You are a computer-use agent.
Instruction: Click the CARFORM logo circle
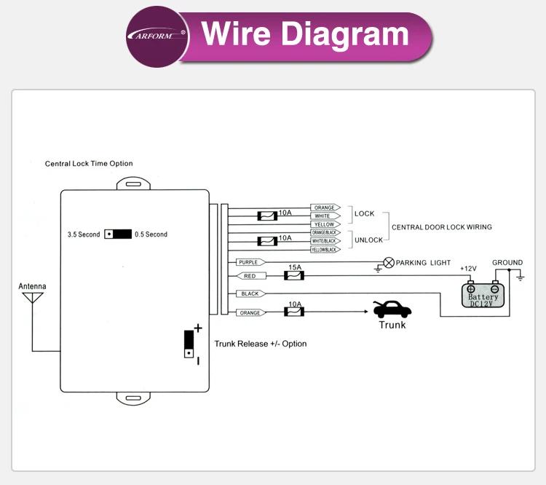click(x=157, y=36)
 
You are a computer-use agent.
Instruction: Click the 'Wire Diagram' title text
click(x=305, y=34)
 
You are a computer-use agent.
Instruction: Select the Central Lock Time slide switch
click(x=117, y=234)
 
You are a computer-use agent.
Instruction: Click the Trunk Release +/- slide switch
click(x=189, y=344)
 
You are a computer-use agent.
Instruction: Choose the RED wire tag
click(x=250, y=276)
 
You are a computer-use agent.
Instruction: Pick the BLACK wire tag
click(x=250, y=293)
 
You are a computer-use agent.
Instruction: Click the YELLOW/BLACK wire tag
click(x=325, y=250)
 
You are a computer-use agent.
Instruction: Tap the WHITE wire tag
click(x=323, y=216)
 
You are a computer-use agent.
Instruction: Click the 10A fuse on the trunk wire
click(x=293, y=312)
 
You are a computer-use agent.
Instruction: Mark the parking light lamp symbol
click(x=389, y=262)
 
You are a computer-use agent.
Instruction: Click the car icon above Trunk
click(x=392, y=309)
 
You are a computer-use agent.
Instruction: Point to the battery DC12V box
click(x=483, y=295)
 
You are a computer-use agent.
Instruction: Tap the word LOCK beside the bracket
click(x=364, y=213)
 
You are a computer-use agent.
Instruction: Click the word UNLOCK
click(x=368, y=240)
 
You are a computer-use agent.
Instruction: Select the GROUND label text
click(x=507, y=263)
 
